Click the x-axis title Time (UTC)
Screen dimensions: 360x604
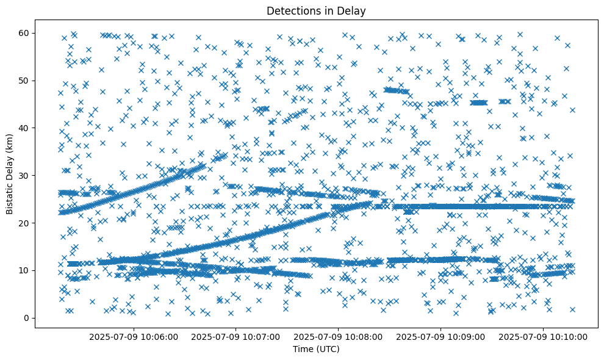pyautogui.click(x=316, y=349)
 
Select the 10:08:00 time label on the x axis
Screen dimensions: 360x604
pyautogui.click(x=339, y=336)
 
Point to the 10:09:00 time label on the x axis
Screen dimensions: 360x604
pyautogui.click(x=440, y=336)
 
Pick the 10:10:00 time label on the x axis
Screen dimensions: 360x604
pyautogui.click(x=542, y=336)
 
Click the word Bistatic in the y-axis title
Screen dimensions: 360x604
pyautogui.click(x=10, y=196)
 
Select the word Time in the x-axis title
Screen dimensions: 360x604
pyautogui.click(x=303, y=349)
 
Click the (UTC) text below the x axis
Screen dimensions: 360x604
pyautogui.click(x=327, y=349)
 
